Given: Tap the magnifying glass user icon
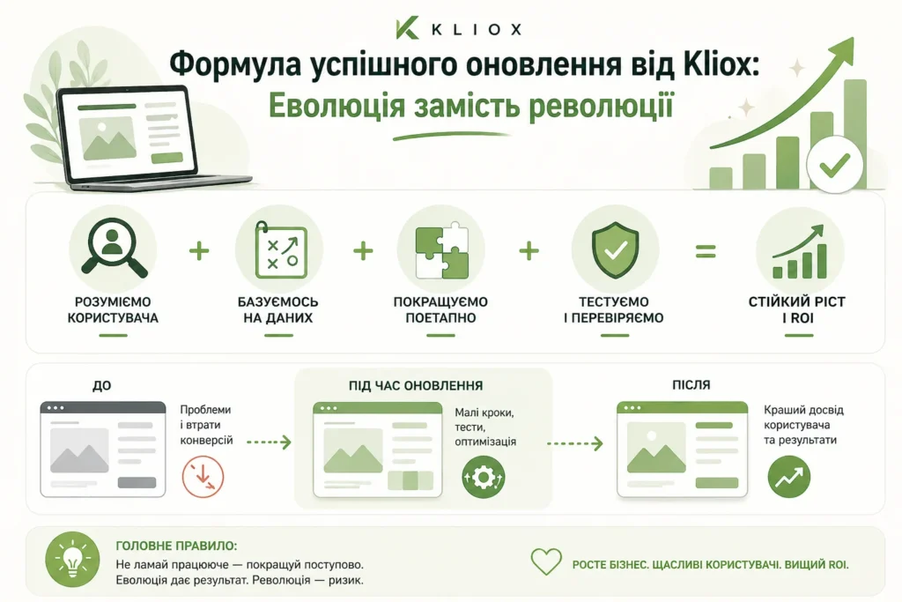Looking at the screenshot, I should coord(112,249).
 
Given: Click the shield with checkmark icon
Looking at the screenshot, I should coord(615,249).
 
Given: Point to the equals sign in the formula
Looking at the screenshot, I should coord(706,251).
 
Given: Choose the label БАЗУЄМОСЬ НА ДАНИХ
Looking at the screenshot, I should coord(278,309).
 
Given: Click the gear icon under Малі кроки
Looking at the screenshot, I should coord(484,477).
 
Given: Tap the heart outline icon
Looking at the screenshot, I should coord(546,562).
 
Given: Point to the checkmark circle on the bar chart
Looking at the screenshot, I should coord(832,164).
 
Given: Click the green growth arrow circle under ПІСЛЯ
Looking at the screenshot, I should coord(788,477).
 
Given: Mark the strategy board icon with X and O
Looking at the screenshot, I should coord(279,250).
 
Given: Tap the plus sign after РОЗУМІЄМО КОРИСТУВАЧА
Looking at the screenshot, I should coord(200,251).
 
